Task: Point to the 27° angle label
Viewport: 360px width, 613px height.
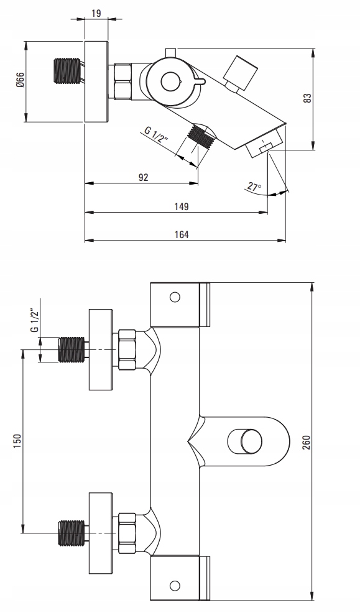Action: tap(254, 187)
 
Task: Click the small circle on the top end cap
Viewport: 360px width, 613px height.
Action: tap(175, 297)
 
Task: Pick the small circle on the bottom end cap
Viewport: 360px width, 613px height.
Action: tap(175, 586)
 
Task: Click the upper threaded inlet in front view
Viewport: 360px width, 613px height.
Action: tap(71, 349)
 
